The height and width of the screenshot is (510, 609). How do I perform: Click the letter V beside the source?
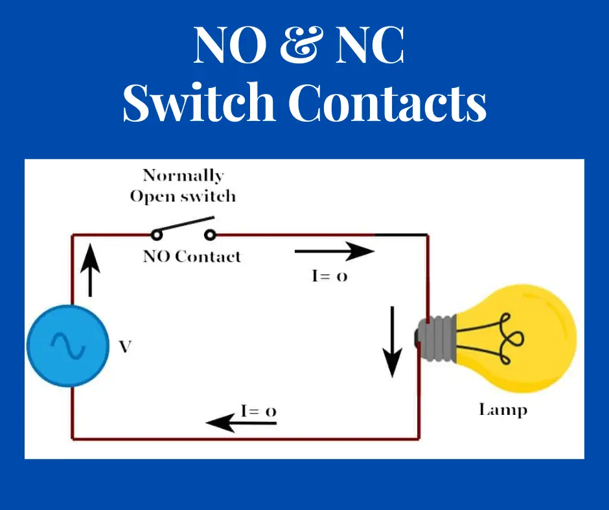[x=125, y=347]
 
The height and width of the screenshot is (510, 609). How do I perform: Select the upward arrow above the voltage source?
[x=91, y=271]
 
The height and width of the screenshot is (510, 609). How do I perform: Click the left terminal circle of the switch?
[x=155, y=235]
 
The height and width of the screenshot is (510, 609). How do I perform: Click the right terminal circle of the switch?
[x=209, y=235]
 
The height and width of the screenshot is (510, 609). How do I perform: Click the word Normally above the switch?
[x=183, y=175]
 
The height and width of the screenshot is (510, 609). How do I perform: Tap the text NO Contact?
[x=192, y=256]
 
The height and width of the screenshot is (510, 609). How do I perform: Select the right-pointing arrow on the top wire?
[x=334, y=250]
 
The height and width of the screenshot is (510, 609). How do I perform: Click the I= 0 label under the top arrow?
[x=329, y=276]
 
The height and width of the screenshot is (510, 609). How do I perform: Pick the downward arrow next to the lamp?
[x=392, y=342]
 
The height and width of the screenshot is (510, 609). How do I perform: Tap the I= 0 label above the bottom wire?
[x=259, y=411]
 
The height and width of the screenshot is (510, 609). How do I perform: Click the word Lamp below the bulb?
[x=503, y=410]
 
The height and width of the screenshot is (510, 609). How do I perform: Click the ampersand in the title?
[x=304, y=45]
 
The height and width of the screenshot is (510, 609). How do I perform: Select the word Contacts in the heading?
[x=387, y=104]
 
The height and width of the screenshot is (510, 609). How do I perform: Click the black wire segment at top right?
[x=402, y=234]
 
